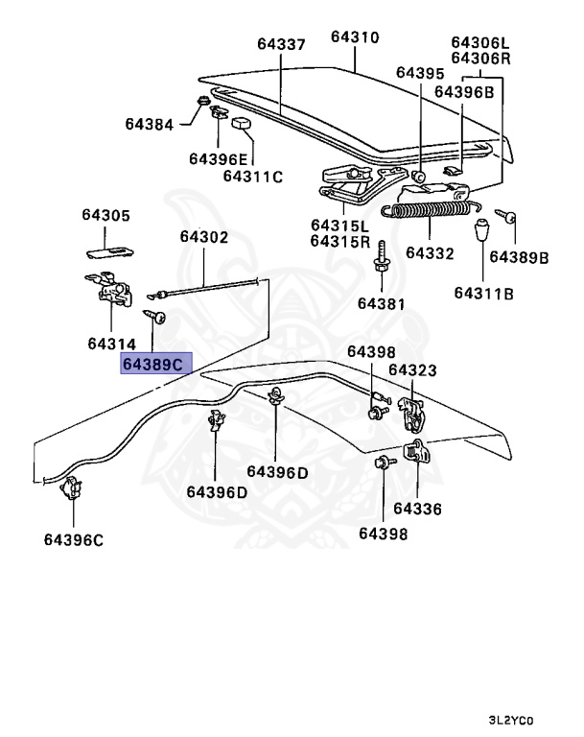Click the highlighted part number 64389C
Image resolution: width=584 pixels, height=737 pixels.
pos(155,365)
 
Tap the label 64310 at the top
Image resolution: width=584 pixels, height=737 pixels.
pos(355,37)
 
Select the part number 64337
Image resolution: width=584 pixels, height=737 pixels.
pos(280,43)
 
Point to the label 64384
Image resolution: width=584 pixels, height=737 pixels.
pos(150,124)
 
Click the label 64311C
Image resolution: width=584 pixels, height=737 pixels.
pos(253,176)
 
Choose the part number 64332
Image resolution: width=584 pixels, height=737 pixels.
pos(429,253)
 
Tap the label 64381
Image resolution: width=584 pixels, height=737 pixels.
pos(382,303)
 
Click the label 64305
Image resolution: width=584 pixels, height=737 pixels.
pos(105,216)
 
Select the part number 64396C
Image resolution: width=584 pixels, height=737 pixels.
pos(73,539)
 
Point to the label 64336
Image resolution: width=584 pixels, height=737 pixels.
pos(418,509)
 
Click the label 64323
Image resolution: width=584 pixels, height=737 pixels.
pos(412,369)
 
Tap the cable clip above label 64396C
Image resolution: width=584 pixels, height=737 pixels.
pos(69,490)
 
